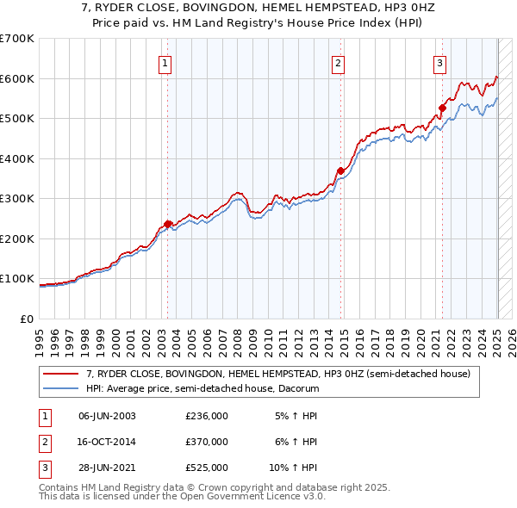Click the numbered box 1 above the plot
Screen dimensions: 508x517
pyautogui.click(x=164, y=62)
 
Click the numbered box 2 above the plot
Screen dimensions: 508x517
pyautogui.click(x=339, y=62)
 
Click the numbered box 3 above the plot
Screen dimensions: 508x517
pyautogui.click(x=439, y=62)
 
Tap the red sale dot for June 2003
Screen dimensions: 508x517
pyautogui.click(x=168, y=225)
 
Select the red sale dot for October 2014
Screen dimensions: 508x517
pyautogui.click(x=341, y=170)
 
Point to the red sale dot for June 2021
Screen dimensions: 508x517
pyautogui.click(x=443, y=108)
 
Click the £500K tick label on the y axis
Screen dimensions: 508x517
pyautogui.click(x=17, y=119)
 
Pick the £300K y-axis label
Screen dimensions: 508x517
pyautogui.click(x=17, y=199)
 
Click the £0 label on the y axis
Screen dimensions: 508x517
pyautogui.click(x=28, y=319)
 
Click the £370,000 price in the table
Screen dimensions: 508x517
pyautogui.click(x=207, y=442)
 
